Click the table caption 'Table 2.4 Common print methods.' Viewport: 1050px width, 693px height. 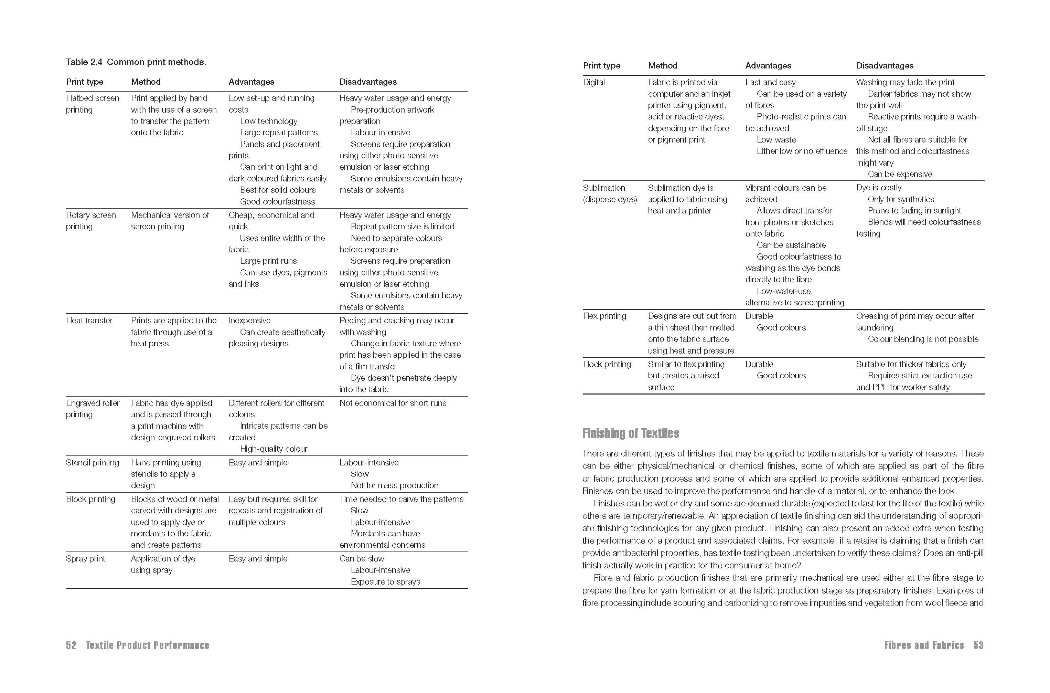point(136,62)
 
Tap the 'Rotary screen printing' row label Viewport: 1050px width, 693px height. point(90,221)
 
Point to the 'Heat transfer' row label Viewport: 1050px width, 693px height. point(89,321)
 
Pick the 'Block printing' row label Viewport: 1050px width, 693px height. point(90,499)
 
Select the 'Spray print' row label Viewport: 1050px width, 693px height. point(85,559)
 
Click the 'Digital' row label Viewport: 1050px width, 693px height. point(594,82)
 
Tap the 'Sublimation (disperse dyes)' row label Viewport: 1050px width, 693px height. point(610,193)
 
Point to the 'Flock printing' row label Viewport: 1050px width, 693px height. point(607,364)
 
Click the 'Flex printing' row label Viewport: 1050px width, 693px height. point(604,316)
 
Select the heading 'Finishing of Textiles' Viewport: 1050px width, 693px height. point(631,433)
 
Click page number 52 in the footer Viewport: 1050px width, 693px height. point(71,645)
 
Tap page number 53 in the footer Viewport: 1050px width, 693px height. point(978,645)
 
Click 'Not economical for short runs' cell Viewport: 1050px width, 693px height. point(393,403)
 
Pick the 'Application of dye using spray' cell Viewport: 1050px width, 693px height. point(163,564)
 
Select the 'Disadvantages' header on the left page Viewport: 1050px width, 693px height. point(368,82)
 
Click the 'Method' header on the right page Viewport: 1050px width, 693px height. point(662,66)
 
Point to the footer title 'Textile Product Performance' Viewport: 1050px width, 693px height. point(148,645)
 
